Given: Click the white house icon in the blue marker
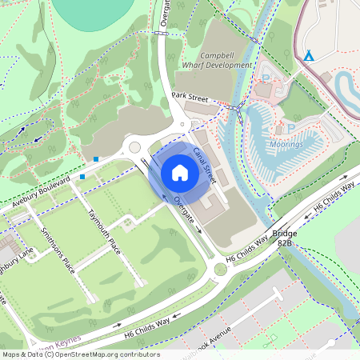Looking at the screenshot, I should [x=180, y=172].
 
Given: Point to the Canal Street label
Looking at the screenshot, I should [x=205, y=163].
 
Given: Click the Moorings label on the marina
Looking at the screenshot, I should [x=286, y=146].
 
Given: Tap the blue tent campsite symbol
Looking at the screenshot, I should [x=309, y=55].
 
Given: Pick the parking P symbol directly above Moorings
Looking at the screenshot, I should [x=290, y=127].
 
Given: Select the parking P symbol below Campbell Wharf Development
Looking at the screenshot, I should [x=266, y=78].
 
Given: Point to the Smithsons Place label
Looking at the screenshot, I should [x=58, y=250].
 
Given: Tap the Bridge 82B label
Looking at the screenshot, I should [x=285, y=237].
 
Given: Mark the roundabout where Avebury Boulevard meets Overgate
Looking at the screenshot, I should [x=134, y=146].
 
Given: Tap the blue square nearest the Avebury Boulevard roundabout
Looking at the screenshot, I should [x=97, y=159].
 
